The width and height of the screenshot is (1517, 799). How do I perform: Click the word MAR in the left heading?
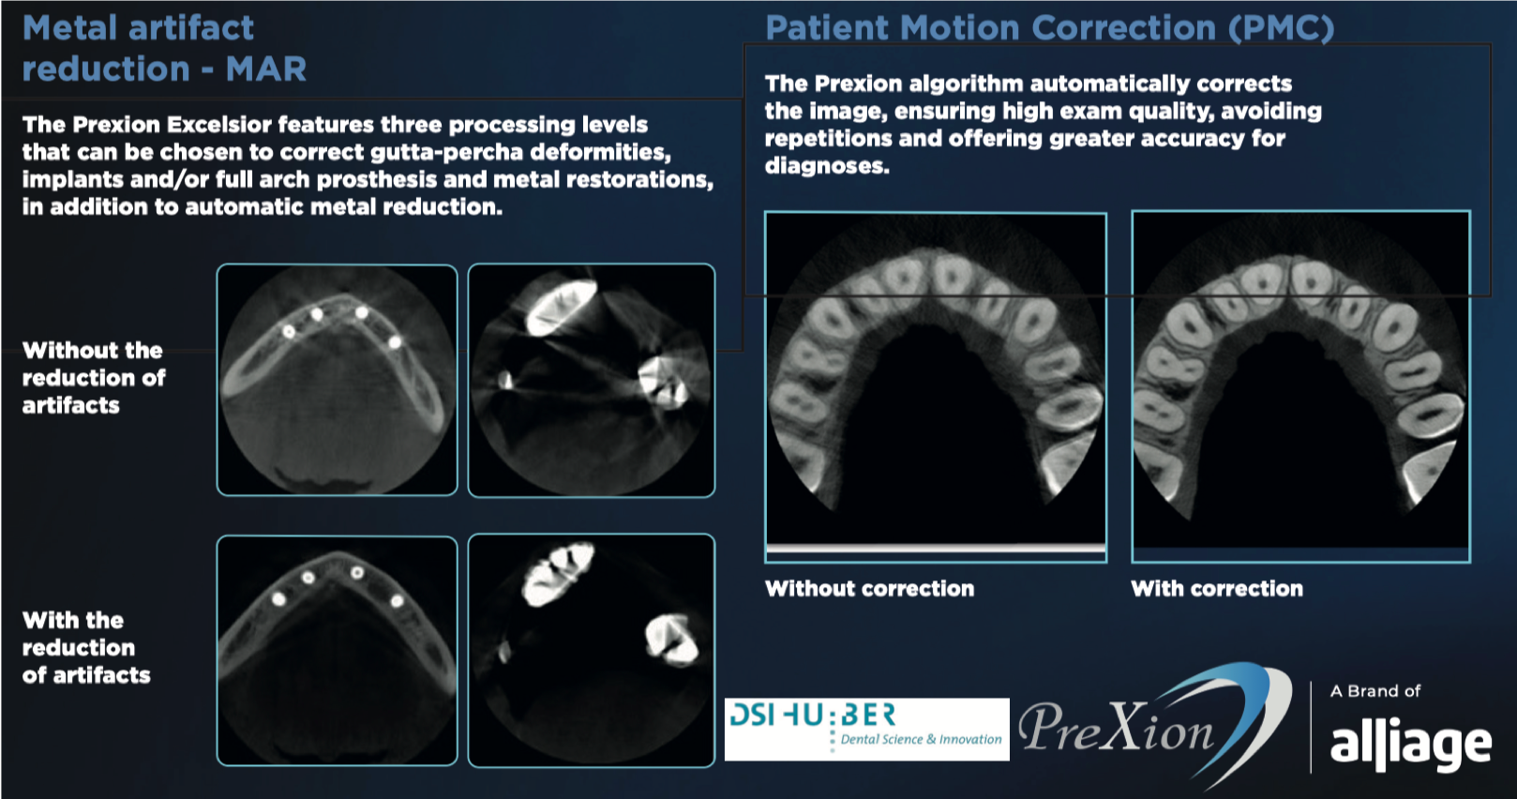(x=266, y=69)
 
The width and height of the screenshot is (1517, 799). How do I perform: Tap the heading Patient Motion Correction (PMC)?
(x=1050, y=28)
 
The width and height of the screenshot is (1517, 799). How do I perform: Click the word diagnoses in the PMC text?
(x=827, y=166)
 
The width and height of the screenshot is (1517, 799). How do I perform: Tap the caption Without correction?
(x=869, y=588)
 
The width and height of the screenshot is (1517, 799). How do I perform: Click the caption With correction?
(x=1217, y=588)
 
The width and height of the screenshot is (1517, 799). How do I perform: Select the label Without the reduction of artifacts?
(x=94, y=378)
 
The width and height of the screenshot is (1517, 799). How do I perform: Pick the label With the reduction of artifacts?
(x=86, y=648)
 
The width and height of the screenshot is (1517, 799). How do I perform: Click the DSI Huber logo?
(x=867, y=730)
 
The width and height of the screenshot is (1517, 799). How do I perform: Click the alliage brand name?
(x=1411, y=746)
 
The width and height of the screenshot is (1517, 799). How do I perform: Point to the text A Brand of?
(x=1375, y=691)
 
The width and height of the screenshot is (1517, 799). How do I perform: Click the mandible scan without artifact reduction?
(x=338, y=380)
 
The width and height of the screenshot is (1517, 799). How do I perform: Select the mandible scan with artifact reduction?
(x=338, y=651)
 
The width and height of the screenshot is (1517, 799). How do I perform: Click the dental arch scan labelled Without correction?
(x=936, y=386)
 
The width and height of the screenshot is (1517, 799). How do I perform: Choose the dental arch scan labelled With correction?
(x=1301, y=386)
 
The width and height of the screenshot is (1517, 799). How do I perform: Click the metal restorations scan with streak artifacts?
(x=592, y=380)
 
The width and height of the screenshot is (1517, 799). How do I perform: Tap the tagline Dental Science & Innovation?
(x=921, y=739)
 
